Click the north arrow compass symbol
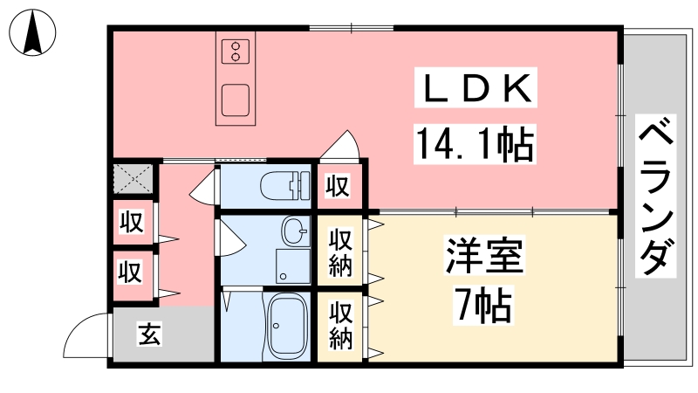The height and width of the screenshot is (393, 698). tap(32, 32)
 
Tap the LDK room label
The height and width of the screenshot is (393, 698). tap(476, 88)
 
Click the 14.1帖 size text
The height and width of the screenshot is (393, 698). tap(475, 143)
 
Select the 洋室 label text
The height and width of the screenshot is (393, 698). tap(485, 255)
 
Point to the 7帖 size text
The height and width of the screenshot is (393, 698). tap(482, 305)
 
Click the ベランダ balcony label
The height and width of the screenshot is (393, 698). tap(656, 196)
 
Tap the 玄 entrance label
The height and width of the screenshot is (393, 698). tap(149, 334)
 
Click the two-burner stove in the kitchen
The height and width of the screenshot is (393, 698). tap(236, 52)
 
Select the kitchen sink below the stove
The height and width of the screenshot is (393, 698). tap(236, 100)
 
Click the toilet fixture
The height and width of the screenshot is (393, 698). tap(285, 185)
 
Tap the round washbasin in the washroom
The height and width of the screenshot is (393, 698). tap(295, 231)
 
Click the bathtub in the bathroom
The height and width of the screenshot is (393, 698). tap(287, 326)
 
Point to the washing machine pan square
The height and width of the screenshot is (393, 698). tap(292, 266)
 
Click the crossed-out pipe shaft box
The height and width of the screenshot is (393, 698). tap(133, 179)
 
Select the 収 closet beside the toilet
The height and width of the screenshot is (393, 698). tap(338, 185)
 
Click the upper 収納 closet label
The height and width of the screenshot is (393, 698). tap(340, 252)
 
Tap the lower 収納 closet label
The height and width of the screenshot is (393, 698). tap(340, 326)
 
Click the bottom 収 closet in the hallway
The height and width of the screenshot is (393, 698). tap(130, 272)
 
